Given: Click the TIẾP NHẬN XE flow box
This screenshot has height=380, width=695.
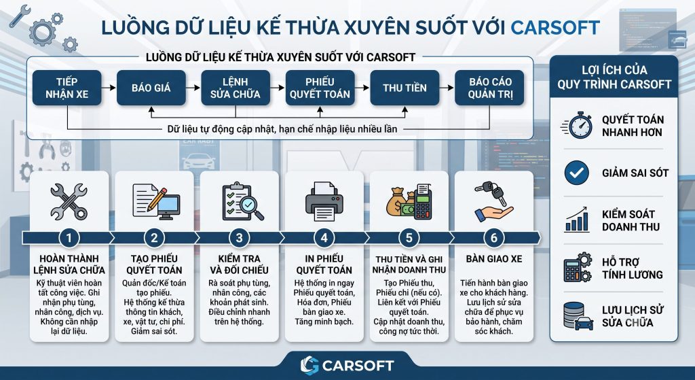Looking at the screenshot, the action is click(67, 88).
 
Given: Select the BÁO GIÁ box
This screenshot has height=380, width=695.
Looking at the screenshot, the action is click(151, 88).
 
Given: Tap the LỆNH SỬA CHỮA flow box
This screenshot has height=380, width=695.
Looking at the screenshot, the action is click(236, 88).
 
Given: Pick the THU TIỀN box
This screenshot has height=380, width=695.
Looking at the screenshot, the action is click(405, 88).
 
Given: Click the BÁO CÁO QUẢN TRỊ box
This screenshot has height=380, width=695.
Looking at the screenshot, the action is click(490, 88).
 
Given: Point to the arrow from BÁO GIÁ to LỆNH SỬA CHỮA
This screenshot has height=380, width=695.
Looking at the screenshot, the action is click(193, 88).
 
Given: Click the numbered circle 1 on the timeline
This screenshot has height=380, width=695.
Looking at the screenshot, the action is click(69, 238).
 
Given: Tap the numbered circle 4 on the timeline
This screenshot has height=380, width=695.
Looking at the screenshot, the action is click(324, 238).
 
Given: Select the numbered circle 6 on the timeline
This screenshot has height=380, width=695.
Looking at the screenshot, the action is click(494, 238).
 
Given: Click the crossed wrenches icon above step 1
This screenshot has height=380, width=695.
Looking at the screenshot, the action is click(69, 202).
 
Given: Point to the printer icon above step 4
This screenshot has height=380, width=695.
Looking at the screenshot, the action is click(324, 201).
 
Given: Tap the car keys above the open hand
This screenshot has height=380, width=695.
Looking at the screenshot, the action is click(491, 192).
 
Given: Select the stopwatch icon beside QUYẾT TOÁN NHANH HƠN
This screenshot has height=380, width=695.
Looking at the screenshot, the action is click(577, 125).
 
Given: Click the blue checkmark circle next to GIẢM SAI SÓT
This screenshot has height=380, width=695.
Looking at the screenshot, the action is click(577, 173).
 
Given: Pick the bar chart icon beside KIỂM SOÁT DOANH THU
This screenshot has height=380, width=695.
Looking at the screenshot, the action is click(577, 220).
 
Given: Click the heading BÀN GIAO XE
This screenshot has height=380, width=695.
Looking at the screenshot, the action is click(494, 259).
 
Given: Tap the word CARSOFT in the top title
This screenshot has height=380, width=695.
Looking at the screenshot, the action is click(555, 27).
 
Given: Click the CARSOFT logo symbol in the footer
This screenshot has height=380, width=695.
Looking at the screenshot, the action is click(309, 365).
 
